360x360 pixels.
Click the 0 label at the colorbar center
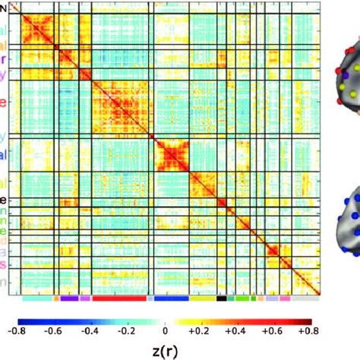pyautogui.click(x=166, y=330)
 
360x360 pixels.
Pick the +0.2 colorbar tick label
pyautogui.click(x=200, y=330)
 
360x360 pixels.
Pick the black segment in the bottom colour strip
pyautogui.click(x=221, y=298)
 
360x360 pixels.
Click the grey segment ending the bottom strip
pyautogui.click(x=305, y=298)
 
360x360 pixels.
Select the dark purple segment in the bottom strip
pyautogui.click(x=68, y=298)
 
